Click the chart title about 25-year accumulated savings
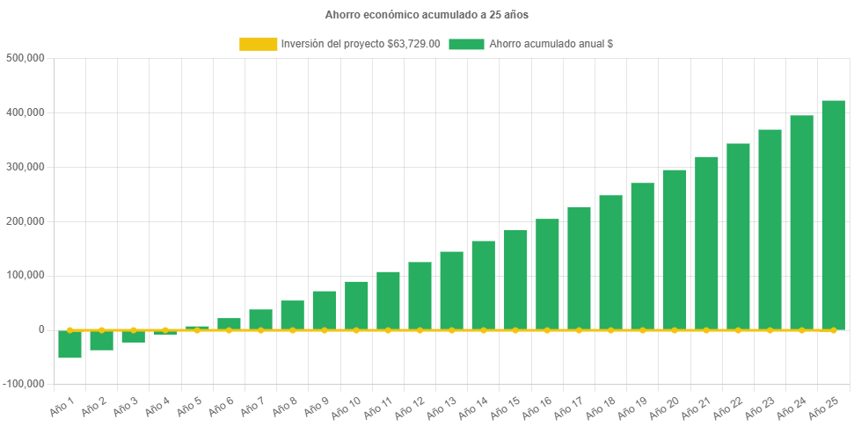point(427,15)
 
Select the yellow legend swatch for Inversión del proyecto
point(258,44)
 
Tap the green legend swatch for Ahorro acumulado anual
point(466,44)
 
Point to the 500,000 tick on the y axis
point(25,58)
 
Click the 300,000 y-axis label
point(25,167)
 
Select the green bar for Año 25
point(833,215)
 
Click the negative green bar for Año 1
point(69,344)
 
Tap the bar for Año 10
point(356,306)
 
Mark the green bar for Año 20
point(675,249)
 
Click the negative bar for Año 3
point(134,337)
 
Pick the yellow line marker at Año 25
point(833,330)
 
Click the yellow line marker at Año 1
point(69,330)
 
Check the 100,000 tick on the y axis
point(25,275)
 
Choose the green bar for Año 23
point(770,229)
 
